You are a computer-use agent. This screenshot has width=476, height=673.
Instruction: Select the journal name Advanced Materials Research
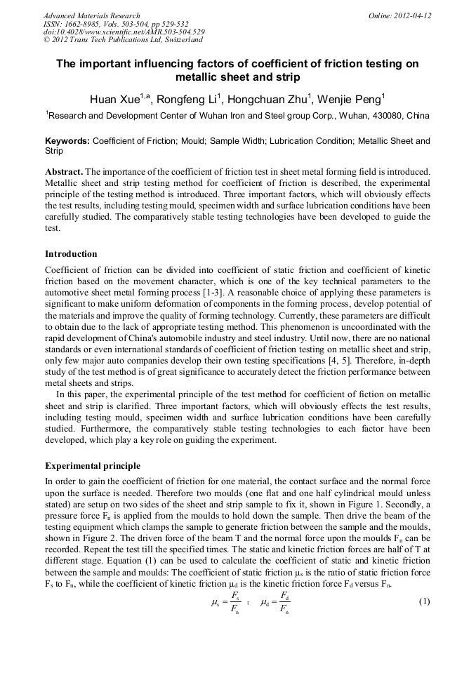[x=91, y=15]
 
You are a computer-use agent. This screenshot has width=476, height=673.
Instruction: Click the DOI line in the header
[x=124, y=32]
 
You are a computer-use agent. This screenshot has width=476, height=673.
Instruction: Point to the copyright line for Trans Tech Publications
[x=123, y=40]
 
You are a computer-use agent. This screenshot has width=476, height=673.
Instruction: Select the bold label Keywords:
[x=67, y=141]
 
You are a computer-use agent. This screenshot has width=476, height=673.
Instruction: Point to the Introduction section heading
[x=71, y=253]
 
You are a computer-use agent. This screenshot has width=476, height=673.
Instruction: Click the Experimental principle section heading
[x=93, y=465]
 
